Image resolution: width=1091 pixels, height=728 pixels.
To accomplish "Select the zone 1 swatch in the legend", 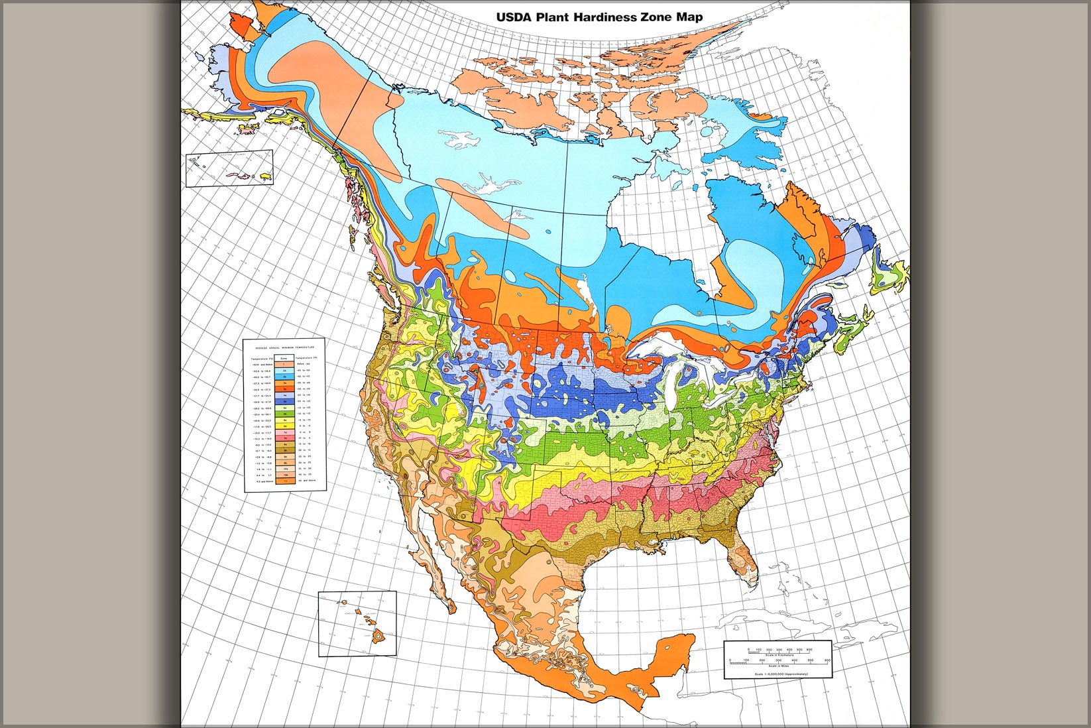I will [x=284, y=364].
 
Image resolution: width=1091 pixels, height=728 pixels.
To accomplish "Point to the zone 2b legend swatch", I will [x=284, y=377].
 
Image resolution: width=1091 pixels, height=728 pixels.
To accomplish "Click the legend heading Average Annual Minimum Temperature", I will [x=285, y=347].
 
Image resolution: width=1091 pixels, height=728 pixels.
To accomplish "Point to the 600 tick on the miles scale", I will [x=827, y=660].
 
